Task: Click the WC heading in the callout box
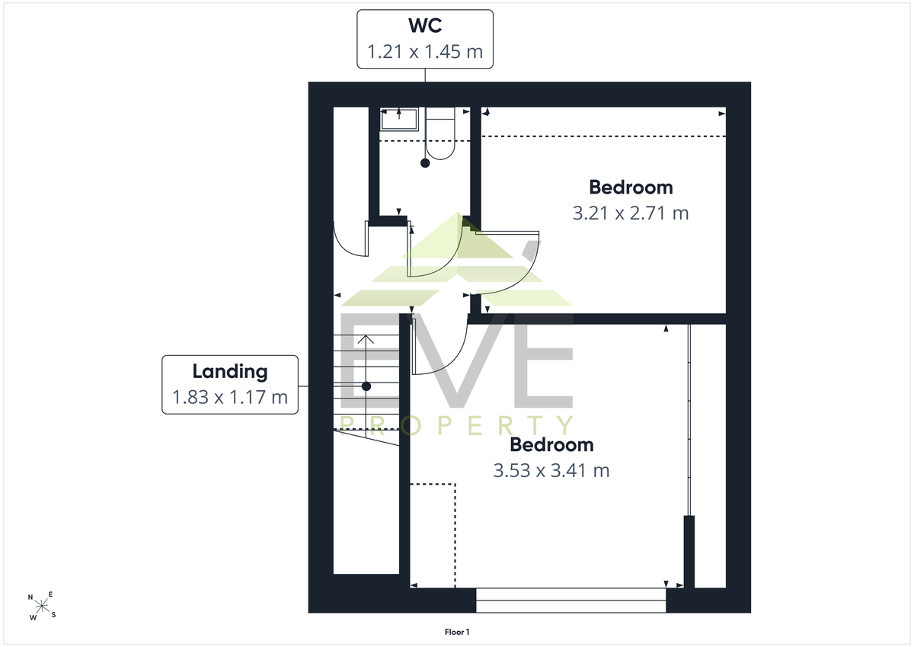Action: (425, 25)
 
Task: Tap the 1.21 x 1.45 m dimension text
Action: (425, 52)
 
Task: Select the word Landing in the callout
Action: (230, 372)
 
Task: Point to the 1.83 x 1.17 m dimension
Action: (230, 397)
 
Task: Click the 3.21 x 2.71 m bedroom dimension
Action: (631, 213)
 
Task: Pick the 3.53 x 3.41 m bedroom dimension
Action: (551, 471)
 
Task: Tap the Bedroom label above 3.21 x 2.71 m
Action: (631, 187)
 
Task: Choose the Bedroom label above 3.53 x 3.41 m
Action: (551, 444)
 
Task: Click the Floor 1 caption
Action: (457, 632)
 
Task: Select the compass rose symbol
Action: (42, 606)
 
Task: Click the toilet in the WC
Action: (440, 133)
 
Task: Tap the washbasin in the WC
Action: (399, 119)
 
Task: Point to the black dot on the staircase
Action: (366, 386)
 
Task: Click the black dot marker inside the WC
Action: (425, 163)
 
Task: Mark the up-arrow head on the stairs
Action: (366, 339)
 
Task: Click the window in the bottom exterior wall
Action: (570, 600)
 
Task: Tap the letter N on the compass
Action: (30, 597)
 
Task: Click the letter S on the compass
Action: (53, 615)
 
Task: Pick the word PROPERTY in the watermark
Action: (457, 426)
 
